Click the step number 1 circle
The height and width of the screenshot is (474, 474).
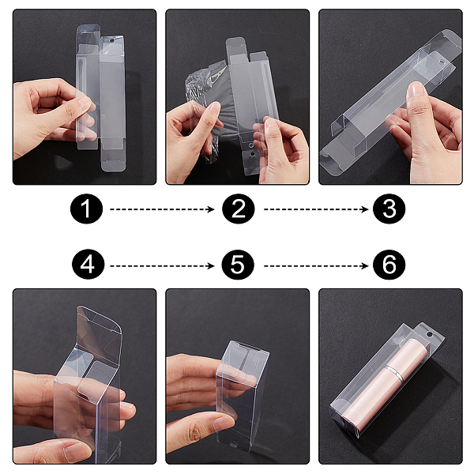[86, 209]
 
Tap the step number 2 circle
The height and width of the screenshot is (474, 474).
[239, 209]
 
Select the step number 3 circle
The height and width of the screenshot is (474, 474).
[389, 209]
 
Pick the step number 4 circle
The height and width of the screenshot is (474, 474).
[88, 265]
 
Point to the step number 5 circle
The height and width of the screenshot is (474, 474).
[238, 265]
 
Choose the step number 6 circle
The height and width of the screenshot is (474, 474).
[389, 265]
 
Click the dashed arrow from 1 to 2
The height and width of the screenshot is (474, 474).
[162, 209]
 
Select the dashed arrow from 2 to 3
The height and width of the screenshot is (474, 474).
[316, 209]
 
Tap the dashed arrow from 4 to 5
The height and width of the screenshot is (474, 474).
[162, 266]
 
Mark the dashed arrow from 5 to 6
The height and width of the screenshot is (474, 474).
[316, 266]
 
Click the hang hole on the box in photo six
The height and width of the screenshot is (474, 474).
[429, 334]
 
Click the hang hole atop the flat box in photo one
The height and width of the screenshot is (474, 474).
[111, 39]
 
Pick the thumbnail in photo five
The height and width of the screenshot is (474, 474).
[224, 423]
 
